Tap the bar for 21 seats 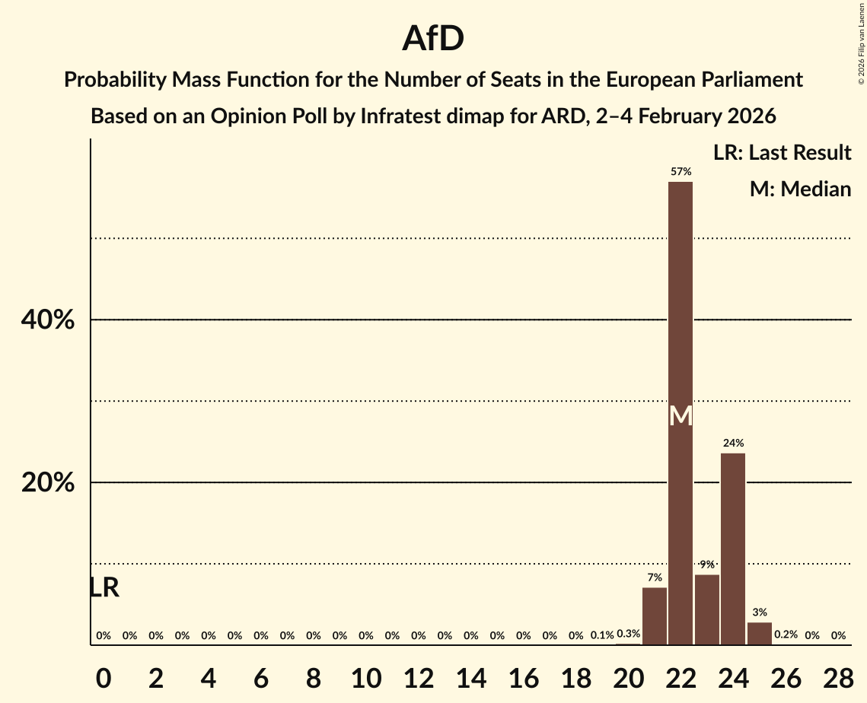click(655, 616)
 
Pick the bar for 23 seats click(707, 609)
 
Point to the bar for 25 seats click(760, 633)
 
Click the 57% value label click(681, 172)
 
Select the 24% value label click(733, 443)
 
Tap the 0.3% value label click(628, 634)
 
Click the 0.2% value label click(786, 634)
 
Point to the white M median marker click(681, 416)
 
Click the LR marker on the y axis click(104, 587)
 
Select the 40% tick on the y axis click(47, 320)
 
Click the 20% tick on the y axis click(47, 483)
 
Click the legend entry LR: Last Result click(782, 153)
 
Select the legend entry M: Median click(800, 189)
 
